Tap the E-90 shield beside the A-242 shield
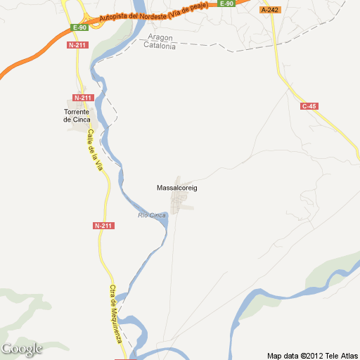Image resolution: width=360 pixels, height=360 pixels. pos(226,4)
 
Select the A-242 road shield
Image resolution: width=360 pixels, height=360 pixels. pos(269,10)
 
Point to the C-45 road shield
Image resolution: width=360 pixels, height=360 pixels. pos(309,106)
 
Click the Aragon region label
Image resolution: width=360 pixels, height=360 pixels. pos(160,37)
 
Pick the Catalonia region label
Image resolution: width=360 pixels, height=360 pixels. pos(160,46)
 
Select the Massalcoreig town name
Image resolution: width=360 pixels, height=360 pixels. pos(176,188)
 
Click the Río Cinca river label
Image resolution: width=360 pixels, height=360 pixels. pos(152,214)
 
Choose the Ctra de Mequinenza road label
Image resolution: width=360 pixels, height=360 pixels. pos(116,314)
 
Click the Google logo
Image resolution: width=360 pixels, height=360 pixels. pos(22,349)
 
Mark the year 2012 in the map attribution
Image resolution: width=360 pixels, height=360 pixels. pos(314,355)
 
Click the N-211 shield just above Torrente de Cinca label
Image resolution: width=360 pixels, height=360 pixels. pos(83,97)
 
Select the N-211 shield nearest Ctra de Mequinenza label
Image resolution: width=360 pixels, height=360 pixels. pos(103,226)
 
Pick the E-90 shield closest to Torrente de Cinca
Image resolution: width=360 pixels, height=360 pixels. pos(79,27)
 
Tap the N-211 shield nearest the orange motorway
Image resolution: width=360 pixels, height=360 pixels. pos(77,45)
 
